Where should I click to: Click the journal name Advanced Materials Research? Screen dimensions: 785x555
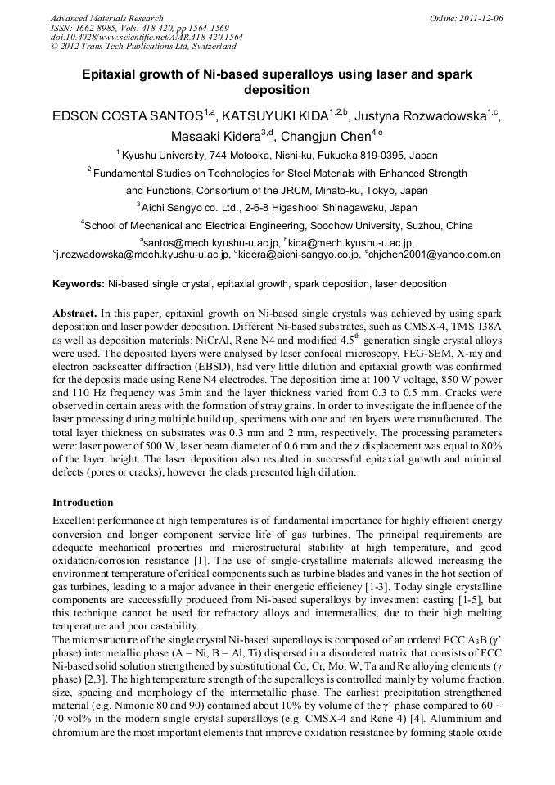click(x=106, y=18)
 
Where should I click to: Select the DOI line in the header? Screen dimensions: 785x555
click(x=147, y=38)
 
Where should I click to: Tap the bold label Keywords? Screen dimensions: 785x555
click(x=79, y=284)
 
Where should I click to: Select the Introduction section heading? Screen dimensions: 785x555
click(x=84, y=502)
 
